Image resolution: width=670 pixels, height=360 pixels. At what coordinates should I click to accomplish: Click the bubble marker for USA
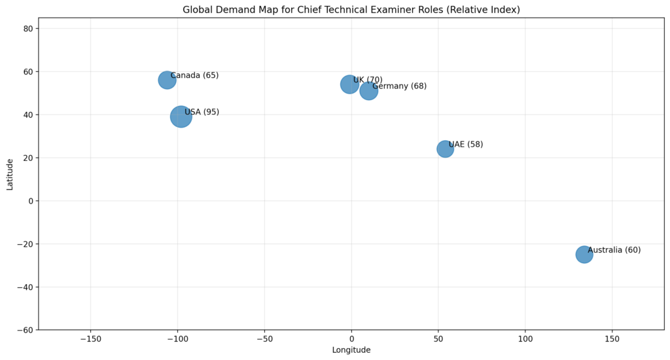[181, 117]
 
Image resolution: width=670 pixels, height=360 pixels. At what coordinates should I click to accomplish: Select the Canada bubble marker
[167, 80]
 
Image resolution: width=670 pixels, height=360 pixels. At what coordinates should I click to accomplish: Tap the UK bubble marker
[349, 84]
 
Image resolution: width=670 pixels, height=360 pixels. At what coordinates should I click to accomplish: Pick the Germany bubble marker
[368, 90]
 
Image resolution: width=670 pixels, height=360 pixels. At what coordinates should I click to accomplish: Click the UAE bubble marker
[445, 149]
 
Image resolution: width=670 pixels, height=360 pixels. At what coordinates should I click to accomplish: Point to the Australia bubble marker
[584, 254]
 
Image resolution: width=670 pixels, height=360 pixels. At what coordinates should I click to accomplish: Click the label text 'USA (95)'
[202, 112]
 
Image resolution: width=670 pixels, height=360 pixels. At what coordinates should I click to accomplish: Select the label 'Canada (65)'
[194, 75]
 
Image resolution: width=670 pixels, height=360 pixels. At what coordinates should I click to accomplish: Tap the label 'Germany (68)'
[399, 86]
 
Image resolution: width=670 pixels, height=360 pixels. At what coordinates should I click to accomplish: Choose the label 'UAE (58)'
[465, 145]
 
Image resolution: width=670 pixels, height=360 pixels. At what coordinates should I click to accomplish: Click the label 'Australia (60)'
[614, 250]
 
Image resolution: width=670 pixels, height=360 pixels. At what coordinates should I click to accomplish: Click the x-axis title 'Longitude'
[351, 350]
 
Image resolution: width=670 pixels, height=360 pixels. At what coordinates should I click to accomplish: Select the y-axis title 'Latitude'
[10, 174]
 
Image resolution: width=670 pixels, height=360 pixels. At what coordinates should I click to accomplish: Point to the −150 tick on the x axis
[90, 339]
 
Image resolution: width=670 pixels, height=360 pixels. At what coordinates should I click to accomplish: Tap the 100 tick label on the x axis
[525, 339]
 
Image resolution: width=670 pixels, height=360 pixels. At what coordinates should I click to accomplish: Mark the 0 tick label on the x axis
[351, 339]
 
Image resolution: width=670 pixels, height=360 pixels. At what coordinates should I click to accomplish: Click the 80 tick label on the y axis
[28, 28]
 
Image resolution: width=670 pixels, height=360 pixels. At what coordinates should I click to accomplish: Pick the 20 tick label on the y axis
[28, 158]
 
